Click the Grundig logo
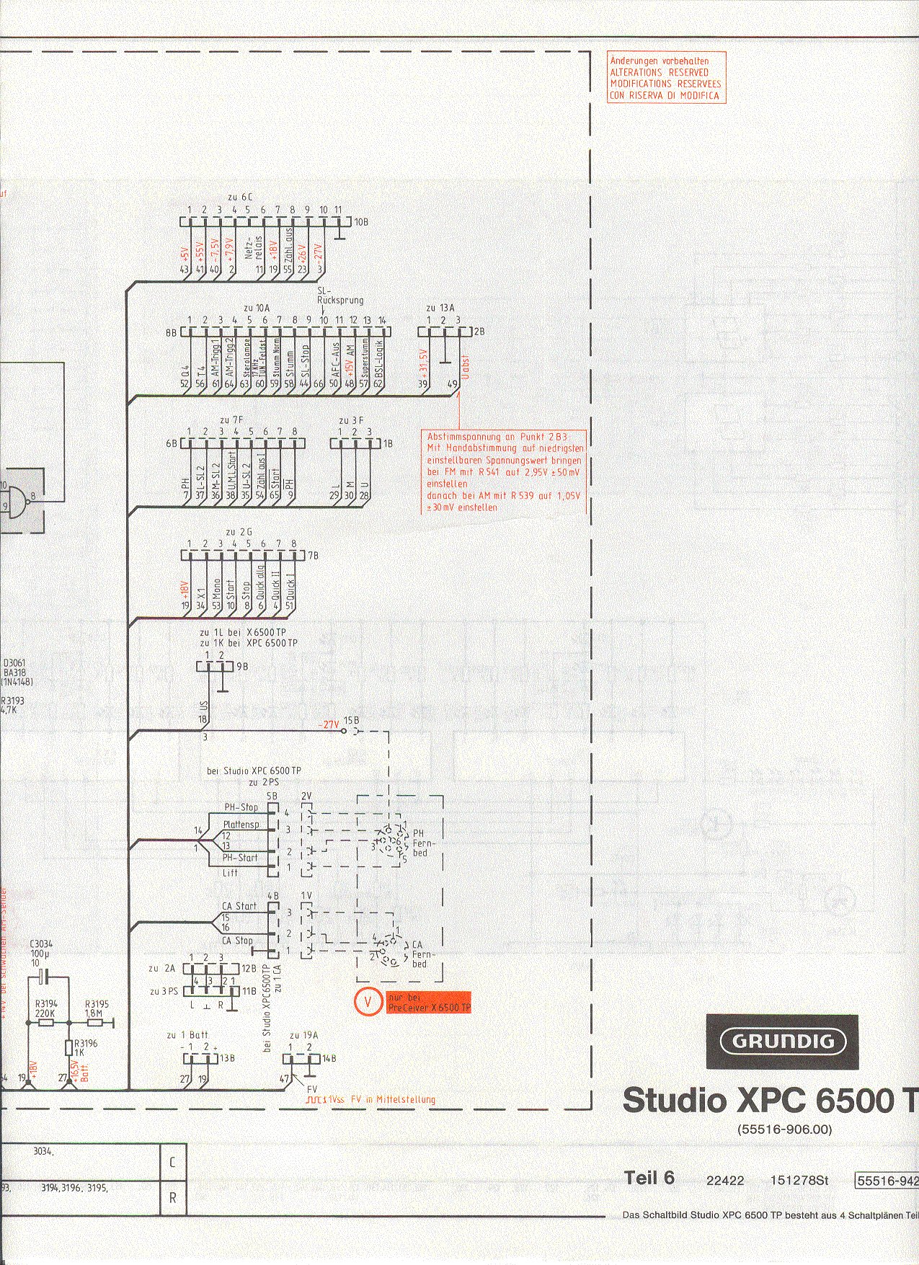pos(782,1041)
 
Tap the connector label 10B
pos(360,223)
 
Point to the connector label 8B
pos(171,333)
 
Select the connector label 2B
pos(479,332)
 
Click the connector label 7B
pos(313,556)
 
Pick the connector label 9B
pos(242,667)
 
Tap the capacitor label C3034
pos(41,944)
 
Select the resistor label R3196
pos(86,1043)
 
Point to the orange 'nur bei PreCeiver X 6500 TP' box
pos(429,1002)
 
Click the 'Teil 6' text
pos(649,1178)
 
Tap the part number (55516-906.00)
pos(784,1129)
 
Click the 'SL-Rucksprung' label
pos(340,296)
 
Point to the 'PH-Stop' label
pos(241,807)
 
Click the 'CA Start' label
pos(239,906)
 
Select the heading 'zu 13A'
pos(440,309)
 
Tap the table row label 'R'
pos(172,1198)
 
